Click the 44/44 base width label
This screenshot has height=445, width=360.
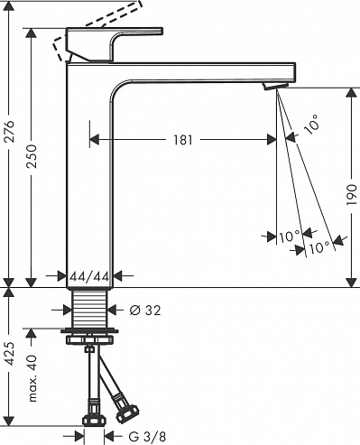[x=90, y=276]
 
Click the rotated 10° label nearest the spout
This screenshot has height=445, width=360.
[x=311, y=126]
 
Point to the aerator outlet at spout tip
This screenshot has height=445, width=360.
[x=272, y=87]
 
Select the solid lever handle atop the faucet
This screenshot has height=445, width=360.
[x=117, y=43]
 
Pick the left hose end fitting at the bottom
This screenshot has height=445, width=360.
[x=90, y=420]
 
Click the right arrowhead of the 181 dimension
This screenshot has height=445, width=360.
[x=272, y=139]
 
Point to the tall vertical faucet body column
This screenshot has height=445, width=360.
[x=90, y=181]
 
